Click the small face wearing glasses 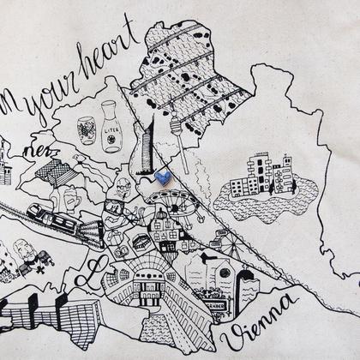tap(123, 185)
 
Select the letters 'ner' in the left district tap(39, 152)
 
